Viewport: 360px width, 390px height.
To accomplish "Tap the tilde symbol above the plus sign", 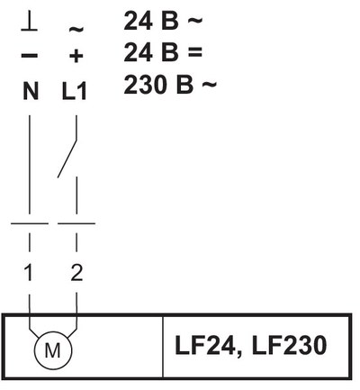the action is [x=76, y=29].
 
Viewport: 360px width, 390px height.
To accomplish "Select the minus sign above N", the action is [x=30, y=56].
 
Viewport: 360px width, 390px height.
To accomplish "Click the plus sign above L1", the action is [x=76, y=56].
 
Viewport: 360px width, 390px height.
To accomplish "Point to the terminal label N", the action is [x=31, y=91].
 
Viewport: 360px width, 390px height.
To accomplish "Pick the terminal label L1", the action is [x=75, y=91].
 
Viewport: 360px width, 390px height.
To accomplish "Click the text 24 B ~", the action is [x=163, y=21].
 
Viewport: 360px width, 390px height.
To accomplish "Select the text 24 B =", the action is [x=163, y=52].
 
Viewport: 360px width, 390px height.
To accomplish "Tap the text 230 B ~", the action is [x=170, y=85].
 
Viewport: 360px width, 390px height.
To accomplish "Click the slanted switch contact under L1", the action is [x=67, y=159].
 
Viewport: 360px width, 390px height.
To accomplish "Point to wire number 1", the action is [x=29, y=273].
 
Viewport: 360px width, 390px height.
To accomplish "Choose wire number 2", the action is [x=76, y=273].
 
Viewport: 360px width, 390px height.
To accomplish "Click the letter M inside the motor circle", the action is [x=53, y=350].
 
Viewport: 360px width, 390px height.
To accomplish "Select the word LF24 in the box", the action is [x=205, y=345].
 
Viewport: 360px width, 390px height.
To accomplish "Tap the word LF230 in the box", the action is [x=289, y=345].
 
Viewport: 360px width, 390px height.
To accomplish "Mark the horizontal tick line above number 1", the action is [x=30, y=223].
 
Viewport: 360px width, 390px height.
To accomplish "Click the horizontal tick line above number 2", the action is [x=76, y=223].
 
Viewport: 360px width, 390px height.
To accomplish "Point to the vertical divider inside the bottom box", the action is [x=163, y=346].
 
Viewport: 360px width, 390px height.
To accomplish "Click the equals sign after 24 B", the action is [x=195, y=52].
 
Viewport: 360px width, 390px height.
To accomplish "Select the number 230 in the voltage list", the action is [x=146, y=85].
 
